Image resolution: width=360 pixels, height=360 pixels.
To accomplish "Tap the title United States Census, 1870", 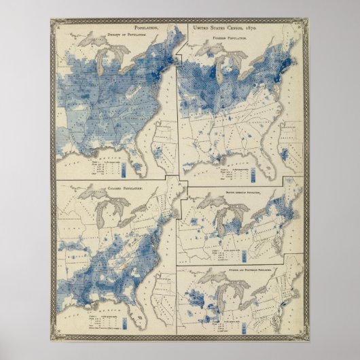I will coord(225,28).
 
